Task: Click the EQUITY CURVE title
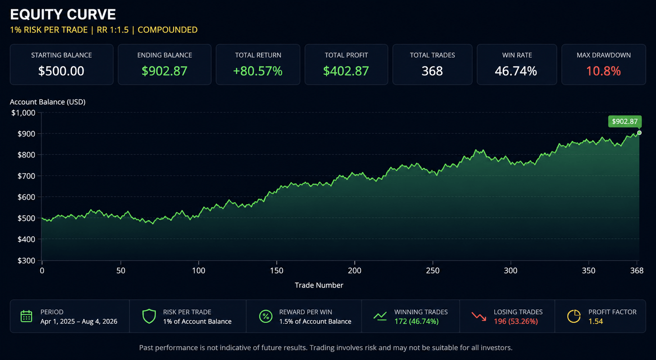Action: (x=63, y=14)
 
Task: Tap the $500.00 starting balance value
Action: (x=61, y=71)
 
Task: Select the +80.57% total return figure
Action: (x=258, y=71)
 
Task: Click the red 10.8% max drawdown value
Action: (x=603, y=71)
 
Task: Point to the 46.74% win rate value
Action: (x=516, y=71)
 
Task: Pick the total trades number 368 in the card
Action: (x=432, y=71)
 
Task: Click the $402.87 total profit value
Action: (x=346, y=71)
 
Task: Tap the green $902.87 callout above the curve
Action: (x=625, y=121)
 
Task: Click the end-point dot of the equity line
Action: (x=639, y=133)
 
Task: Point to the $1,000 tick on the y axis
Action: (x=23, y=113)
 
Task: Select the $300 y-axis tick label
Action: (x=26, y=260)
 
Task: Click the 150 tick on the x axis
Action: (x=276, y=270)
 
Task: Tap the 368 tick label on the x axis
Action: (x=637, y=270)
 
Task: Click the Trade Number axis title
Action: (x=319, y=285)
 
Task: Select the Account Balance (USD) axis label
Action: (x=48, y=102)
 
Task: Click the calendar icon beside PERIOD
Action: (x=26, y=316)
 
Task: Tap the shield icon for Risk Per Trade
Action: (x=149, y=316)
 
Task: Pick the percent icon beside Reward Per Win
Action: (x=265, y=316)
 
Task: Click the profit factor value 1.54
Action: (x=596, y=322)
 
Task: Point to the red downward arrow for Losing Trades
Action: (x=479, y=316)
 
